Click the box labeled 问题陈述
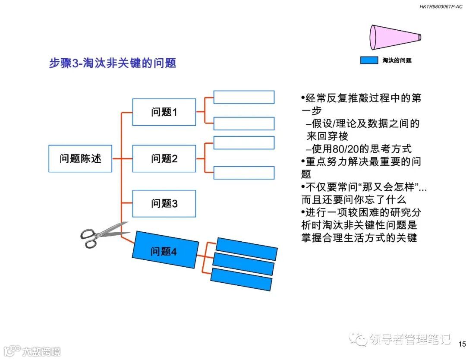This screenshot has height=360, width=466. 80,158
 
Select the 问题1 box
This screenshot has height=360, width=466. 164,112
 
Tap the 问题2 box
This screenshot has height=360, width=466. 164,158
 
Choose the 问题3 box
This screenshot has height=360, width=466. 164,203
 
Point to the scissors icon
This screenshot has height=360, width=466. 101,235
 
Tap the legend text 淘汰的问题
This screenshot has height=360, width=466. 397,60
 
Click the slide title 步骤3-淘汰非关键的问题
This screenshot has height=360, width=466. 113,63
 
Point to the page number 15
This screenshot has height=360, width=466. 462,344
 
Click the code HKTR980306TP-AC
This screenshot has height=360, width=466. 438,6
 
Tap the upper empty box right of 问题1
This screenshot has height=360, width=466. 244,97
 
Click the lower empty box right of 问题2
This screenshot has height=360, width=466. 244,173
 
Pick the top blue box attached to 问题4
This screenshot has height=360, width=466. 246,249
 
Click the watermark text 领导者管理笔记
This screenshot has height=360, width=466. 410,340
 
